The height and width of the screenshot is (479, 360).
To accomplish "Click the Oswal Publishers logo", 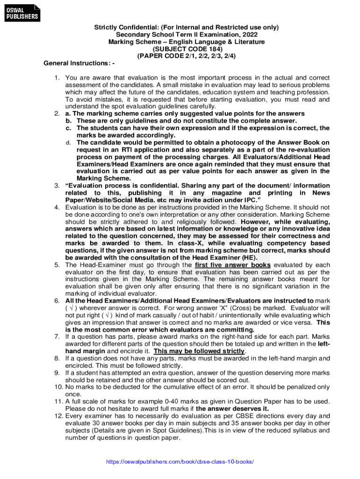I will click(x=22, y=13).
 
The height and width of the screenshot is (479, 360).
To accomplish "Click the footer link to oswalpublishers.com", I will click(x=180, y=462).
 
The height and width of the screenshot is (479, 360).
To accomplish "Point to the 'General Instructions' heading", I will click(x=79, y=63).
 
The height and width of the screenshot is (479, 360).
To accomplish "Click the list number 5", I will click(x=57, y=265).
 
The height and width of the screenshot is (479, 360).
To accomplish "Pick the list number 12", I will click(x=55, y=415).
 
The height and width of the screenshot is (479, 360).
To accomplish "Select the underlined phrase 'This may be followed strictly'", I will click(x=199, y=351).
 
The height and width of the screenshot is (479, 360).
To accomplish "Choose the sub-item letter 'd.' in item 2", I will click(x=68, y=142).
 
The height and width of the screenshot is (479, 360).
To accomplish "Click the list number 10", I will click(x=55, y=387).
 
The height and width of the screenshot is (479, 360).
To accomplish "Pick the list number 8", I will click(x=57, y=358).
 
